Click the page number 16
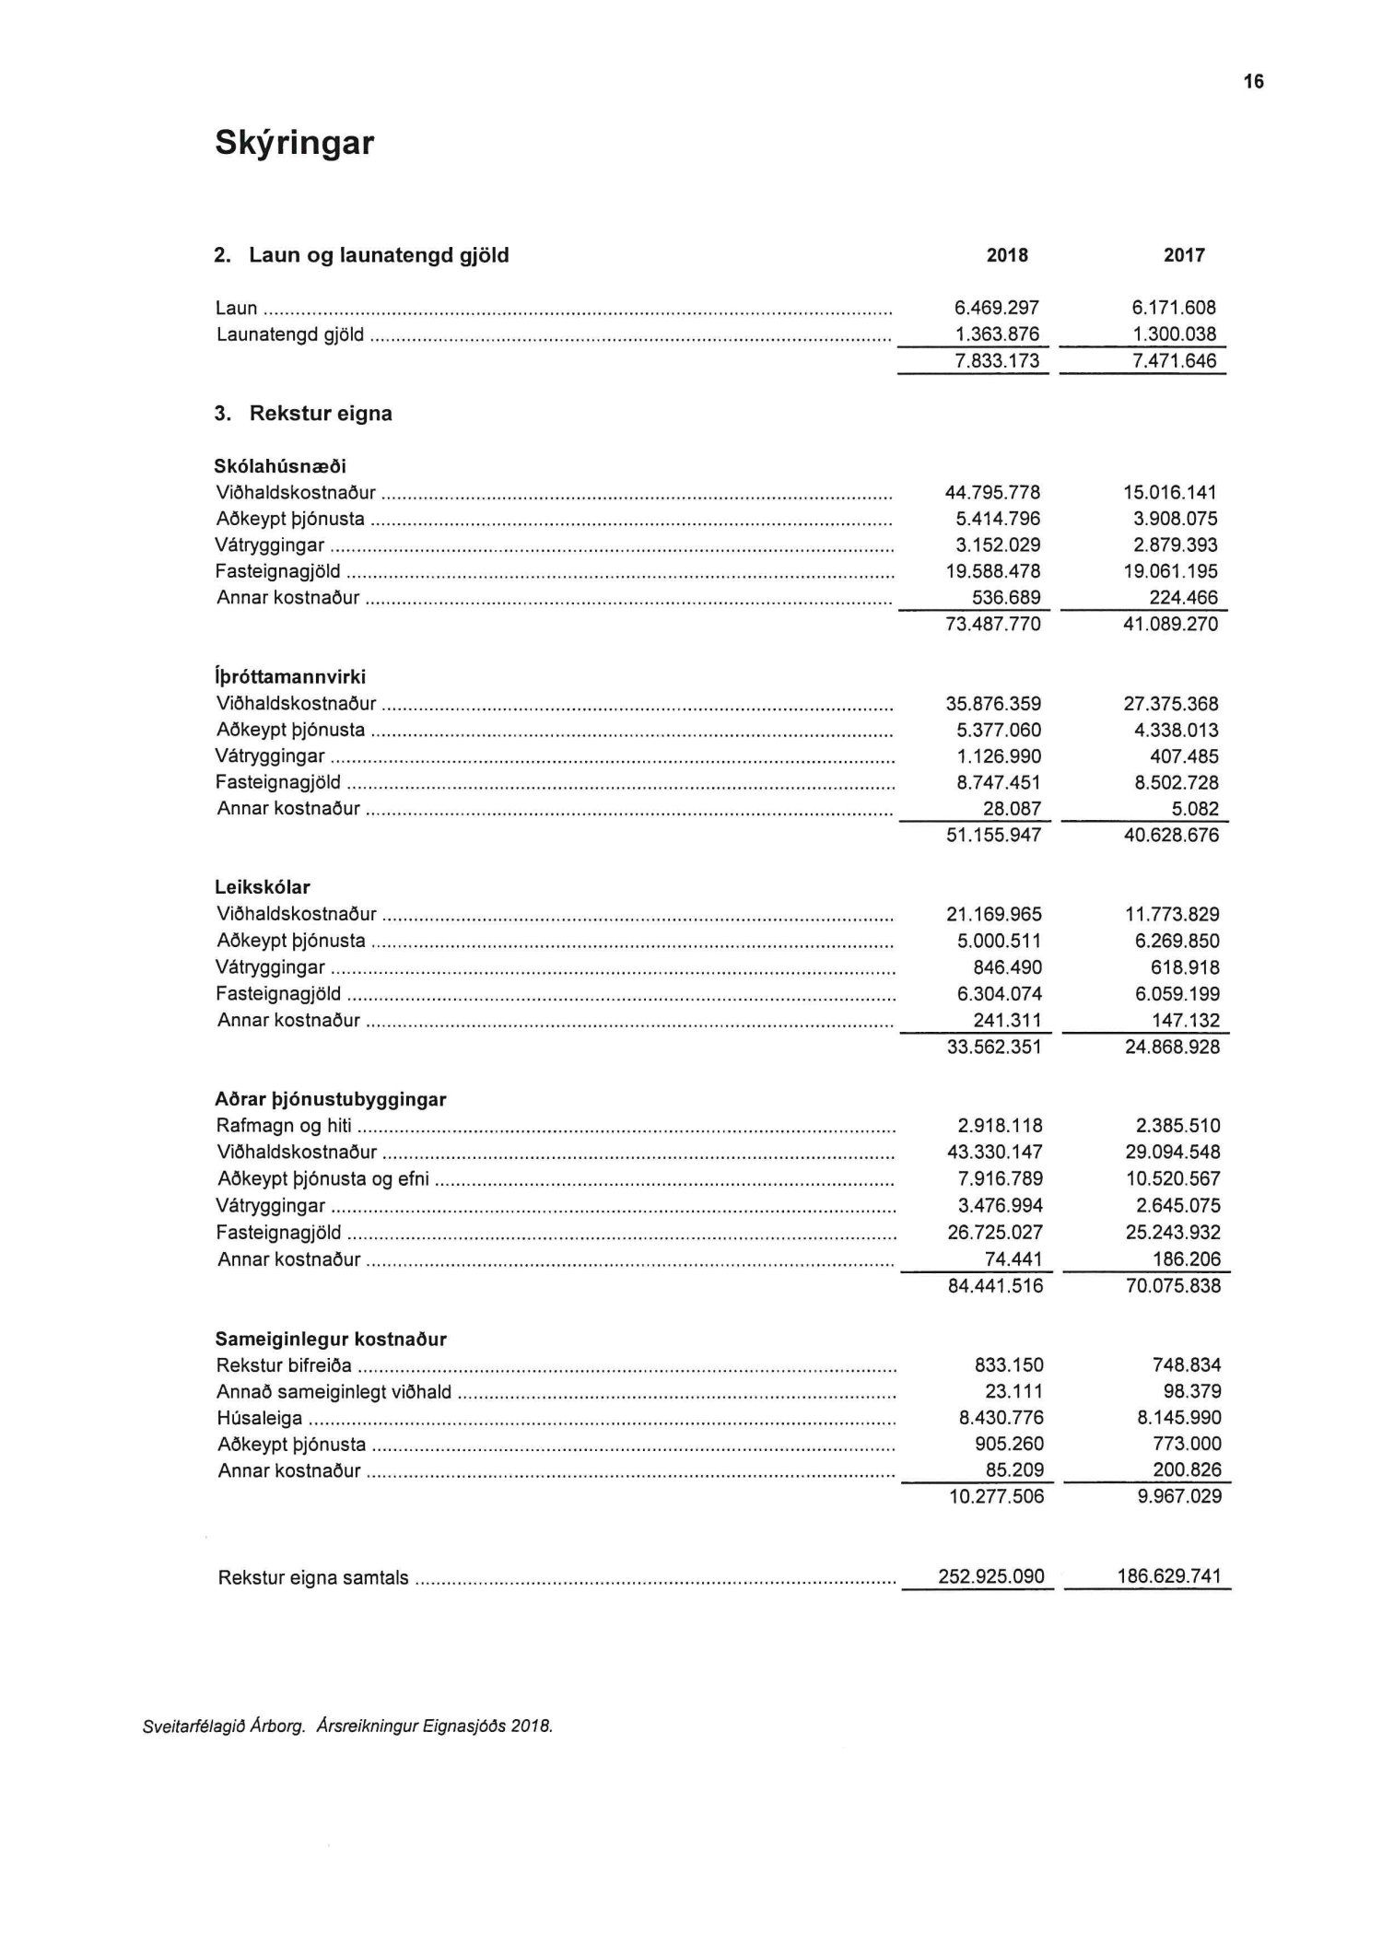pos(1254,82)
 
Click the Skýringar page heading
pos(294,144)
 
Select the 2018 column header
pos(1007,255)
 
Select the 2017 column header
pos(1184,255)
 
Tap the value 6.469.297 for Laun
pos(997,308)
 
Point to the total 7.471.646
pos(1175,361)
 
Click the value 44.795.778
pos(992,493)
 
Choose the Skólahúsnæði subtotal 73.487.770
pos(993,625)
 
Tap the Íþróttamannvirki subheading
pos(290,677)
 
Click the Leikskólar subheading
pos(263,888)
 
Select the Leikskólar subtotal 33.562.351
pos(994,1048)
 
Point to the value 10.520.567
pos(1173,1179)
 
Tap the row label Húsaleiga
pos(259,1419)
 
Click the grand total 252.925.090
pos(991,1577)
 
